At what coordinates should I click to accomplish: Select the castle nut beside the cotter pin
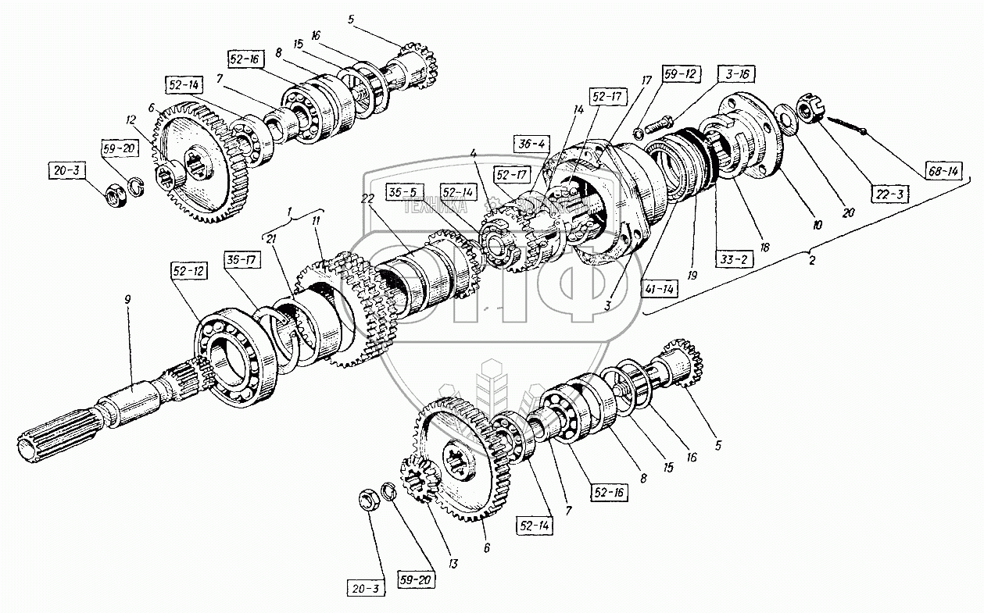click(x=807, y=109)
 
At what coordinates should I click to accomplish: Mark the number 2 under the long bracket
click(x=813, y=260)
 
